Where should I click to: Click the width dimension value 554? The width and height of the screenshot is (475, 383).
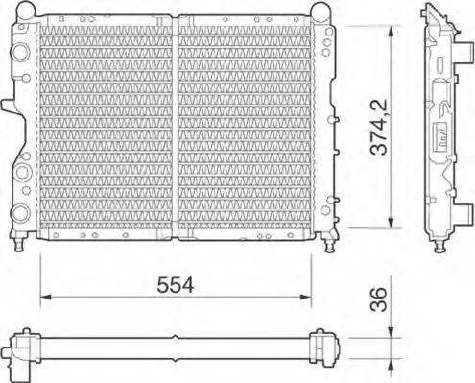(176, 284)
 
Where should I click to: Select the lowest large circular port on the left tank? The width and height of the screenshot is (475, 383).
(21, 211)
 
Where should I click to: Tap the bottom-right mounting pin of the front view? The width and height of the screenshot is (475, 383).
(330, 239)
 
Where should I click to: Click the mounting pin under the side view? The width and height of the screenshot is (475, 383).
(443, 246)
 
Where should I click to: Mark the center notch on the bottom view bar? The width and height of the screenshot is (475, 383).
(175, 337)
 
